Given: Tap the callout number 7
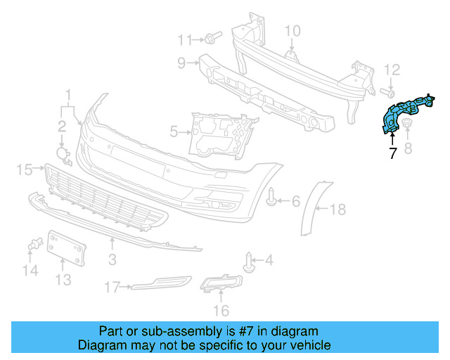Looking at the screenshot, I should coord(392,153).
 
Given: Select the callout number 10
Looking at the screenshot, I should coord(292,30).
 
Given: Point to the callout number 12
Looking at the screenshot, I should coord(392,69).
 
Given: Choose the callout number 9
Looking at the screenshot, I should coord(181,63).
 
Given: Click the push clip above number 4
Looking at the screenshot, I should coord(248,262).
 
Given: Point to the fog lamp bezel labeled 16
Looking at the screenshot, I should coord(221,283).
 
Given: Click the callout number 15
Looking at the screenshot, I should coord(25,169).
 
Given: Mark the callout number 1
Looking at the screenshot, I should coord(69,94).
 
